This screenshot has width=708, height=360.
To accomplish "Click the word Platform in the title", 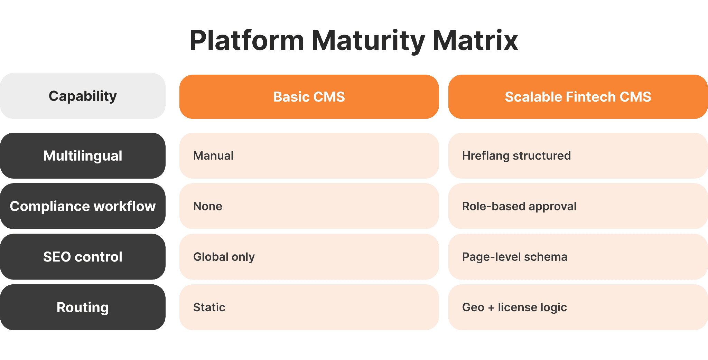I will coord(246,41).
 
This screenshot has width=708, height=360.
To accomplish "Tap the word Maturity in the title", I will coord(368,41).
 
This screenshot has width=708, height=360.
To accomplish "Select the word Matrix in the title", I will coord(475,41).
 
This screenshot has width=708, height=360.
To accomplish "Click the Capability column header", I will coord(83,96).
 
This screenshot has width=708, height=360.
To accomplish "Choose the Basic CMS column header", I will coord(309,97).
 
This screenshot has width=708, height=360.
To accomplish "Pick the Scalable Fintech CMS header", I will coord(578,97).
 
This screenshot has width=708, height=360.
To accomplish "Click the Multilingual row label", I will coord(83,156).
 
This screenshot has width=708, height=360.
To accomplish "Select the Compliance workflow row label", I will coord(83,206).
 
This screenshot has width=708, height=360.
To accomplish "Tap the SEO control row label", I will coord(83,257).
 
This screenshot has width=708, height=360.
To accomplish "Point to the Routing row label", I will coord(83,307).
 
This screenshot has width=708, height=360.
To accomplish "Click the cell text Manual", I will coord(213,156).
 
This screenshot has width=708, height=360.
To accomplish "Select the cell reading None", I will coord(207,206).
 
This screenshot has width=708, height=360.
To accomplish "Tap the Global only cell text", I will coord(224,257).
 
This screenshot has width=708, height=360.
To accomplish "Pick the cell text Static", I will coord(209,307).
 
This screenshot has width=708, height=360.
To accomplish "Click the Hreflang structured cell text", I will coord(516,156).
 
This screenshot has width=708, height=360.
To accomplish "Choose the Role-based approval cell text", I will coord(519,206).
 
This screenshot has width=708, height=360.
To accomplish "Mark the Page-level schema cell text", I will coord(514,257).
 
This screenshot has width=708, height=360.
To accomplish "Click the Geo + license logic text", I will coord(514,307).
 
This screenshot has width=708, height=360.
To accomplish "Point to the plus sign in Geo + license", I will coord(491,307).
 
